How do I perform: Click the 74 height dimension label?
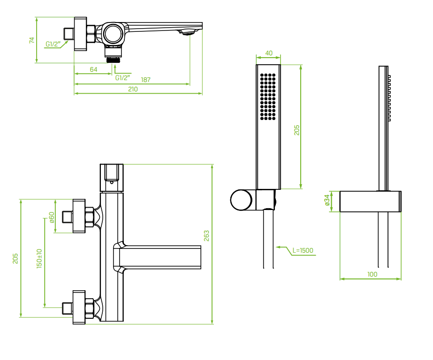point(32,40)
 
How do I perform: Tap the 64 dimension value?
point(93,69)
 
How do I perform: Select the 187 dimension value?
point(146,80)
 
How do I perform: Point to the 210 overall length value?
point(133,90)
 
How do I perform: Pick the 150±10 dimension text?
point(39,258)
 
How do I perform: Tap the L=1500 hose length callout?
point(303,251)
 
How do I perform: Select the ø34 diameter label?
point(327,201)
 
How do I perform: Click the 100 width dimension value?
point(372,275)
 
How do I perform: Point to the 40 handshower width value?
point(269,53)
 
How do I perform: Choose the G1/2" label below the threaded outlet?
point(123,77)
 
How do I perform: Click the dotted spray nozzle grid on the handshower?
point(268,96)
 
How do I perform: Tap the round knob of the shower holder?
point(241,200)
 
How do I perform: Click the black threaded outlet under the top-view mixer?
point(113,60)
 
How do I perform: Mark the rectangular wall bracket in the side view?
point(370,201)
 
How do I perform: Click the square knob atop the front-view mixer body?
point(112,173)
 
